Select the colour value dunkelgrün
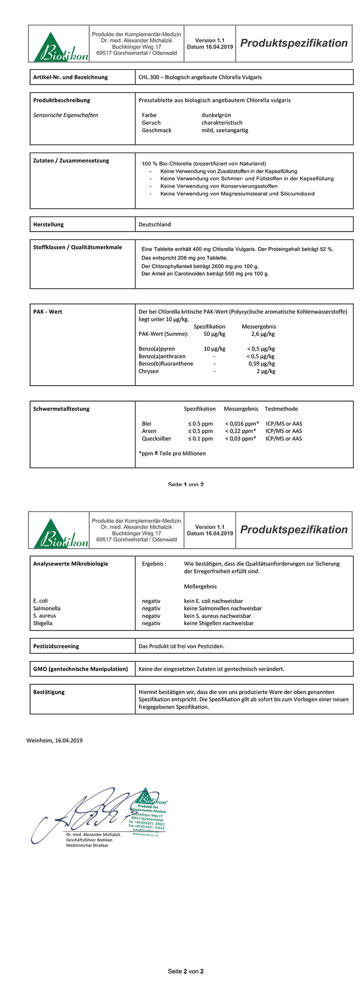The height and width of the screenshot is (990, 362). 216,115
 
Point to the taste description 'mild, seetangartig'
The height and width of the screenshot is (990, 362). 225,130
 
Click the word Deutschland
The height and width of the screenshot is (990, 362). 155,224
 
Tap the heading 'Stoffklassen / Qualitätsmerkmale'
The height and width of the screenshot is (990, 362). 78,247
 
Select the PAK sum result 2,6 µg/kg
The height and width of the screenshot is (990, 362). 263,334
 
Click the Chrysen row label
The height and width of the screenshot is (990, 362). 149,371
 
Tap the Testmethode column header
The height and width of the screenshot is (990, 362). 281,409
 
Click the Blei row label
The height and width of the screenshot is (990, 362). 147,424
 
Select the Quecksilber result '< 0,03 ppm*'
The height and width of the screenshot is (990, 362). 240,439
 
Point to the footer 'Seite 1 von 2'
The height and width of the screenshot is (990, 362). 186,484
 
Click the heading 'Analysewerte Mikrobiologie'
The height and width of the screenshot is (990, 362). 71,564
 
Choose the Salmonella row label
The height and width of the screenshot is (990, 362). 47,608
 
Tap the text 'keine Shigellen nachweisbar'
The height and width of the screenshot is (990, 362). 219,623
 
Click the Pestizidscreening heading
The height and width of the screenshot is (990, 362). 56,646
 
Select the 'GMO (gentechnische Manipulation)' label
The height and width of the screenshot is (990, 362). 80,669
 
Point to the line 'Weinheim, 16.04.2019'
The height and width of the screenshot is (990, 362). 55,740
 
